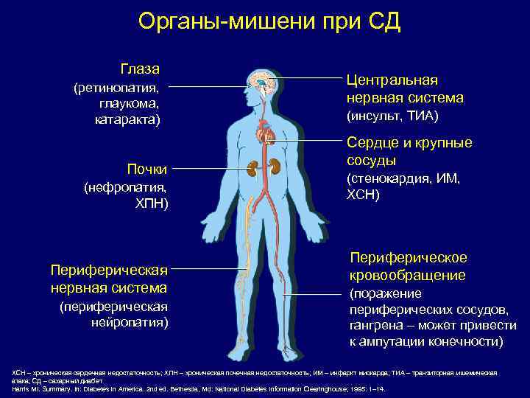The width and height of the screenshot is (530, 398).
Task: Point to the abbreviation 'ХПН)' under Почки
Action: point(152,203)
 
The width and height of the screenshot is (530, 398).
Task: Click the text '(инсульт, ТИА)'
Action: point(392,116)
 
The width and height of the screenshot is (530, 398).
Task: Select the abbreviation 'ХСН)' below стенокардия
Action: point(362,195)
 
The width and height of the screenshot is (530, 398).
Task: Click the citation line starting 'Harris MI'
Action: point(199,388)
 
